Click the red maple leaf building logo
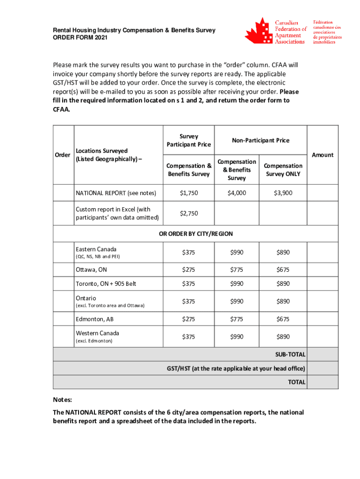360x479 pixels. point(258,32)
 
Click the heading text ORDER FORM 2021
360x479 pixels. point(80,37)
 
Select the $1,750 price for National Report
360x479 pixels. point(188,193)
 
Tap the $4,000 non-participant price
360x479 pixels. point(237,193)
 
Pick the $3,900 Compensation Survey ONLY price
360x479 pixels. point(283,193)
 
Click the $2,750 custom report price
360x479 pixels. point(188,213)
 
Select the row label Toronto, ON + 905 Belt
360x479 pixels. point(106,284)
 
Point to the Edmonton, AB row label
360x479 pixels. point(94,319)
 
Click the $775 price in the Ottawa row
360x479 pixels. point(237,269)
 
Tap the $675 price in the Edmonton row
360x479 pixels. point(283,319)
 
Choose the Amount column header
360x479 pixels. point(322,155)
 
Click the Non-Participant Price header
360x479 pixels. point(260,140)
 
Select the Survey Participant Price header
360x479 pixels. point(188,140)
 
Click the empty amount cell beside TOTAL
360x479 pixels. point(322,382)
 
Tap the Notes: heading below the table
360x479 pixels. point(62,400)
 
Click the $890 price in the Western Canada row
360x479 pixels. point(283,337)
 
